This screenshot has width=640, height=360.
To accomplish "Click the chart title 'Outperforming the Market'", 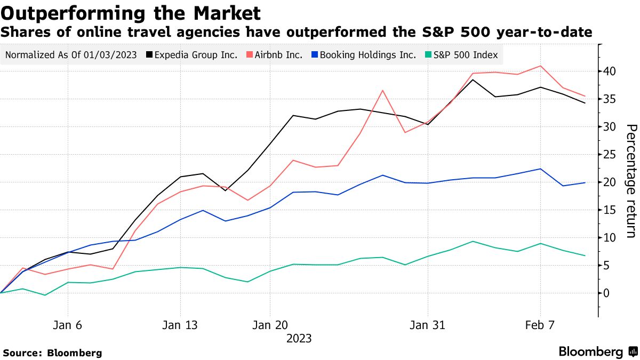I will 131,13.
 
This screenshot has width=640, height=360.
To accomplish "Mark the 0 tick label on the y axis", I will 607,293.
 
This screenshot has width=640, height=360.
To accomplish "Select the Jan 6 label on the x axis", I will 68,325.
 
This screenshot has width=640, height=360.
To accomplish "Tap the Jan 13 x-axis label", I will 180,325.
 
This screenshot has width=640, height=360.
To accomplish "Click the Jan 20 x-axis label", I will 270,325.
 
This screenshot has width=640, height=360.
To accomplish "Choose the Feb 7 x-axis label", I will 540,325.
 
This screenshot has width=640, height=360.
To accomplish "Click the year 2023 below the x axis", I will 299,339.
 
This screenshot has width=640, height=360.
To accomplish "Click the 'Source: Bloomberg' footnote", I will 52,353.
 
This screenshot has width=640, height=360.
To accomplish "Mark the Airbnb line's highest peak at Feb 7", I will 540,66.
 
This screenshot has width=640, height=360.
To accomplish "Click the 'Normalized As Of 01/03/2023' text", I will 71,54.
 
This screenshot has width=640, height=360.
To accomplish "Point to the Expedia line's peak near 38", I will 473,80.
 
